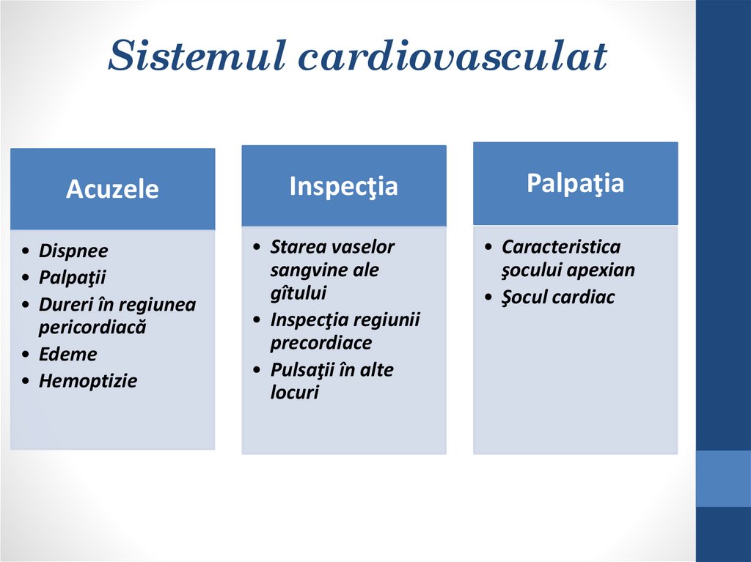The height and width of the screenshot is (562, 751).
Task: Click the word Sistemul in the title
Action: coord(188,56)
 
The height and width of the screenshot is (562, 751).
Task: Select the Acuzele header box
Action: coord(112,189)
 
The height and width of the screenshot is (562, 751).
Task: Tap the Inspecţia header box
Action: coord(343,185)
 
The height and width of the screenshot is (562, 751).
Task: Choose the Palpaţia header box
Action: coord(575,183)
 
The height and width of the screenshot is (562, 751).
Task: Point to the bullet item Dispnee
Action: coord(73,251)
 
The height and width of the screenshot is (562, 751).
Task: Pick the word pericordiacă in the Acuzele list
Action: coord(92,327)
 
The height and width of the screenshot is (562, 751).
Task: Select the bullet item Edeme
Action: coord(67,354)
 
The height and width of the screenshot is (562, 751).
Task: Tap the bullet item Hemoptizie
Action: coord(88,381)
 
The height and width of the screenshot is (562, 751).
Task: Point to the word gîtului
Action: coord(298,293)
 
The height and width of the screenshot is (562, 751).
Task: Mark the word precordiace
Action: coord(321,343)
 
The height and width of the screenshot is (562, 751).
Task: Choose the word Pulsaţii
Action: coord(302,370)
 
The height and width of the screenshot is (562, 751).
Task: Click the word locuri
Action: coord(295,393)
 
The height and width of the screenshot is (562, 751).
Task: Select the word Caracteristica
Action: coord(561,247)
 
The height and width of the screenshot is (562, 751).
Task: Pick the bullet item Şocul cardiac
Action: coord(558,297)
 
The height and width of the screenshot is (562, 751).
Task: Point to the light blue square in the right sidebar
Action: coord(723,478)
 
